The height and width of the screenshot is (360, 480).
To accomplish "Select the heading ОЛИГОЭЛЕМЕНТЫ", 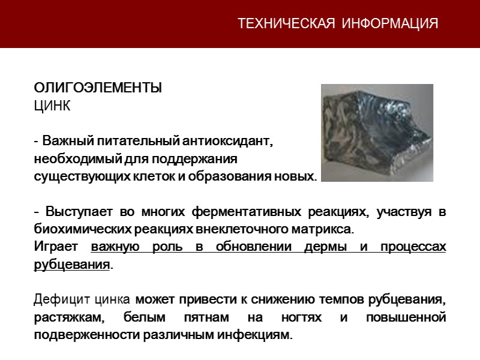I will click(97, 88).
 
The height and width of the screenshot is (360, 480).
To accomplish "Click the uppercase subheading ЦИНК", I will click(52, 107).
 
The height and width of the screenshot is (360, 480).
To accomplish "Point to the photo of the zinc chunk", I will click(377, 132).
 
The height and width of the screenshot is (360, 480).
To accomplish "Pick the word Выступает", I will click(75, 213).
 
